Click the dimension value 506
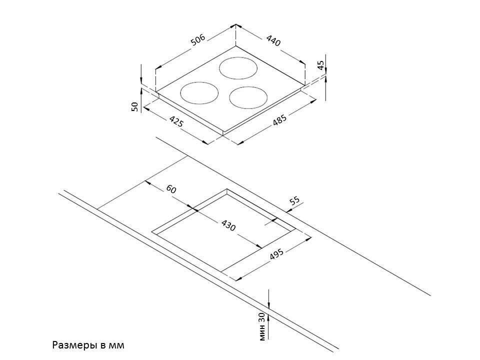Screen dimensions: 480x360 (x=198, y=40)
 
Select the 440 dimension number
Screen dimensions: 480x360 (x=273, y=40)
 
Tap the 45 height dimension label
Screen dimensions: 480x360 (x=320, y=65)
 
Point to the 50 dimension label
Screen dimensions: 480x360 (x=134, y=106)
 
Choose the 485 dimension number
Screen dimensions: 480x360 (x=280, y=121)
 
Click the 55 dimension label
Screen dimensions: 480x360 (x=294, y=201)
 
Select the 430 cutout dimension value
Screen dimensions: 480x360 (x=228, y=225)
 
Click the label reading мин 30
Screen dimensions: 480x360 (x=261, y=327)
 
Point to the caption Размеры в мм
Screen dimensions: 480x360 (x=87, y=345)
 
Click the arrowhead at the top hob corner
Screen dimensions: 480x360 (x=236, y=26)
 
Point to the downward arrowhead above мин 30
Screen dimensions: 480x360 (x=268, y=305)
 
